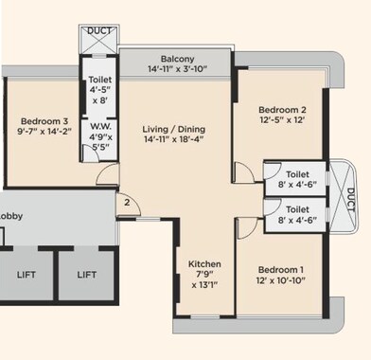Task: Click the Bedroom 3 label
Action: coord(44,121)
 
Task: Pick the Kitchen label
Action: coord(204,264)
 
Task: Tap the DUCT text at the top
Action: coord(98,30)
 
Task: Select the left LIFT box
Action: coord(28,275)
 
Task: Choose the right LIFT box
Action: coord(87,275)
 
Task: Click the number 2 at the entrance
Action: coord(125,201)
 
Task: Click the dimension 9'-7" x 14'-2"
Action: coord(44,134)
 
